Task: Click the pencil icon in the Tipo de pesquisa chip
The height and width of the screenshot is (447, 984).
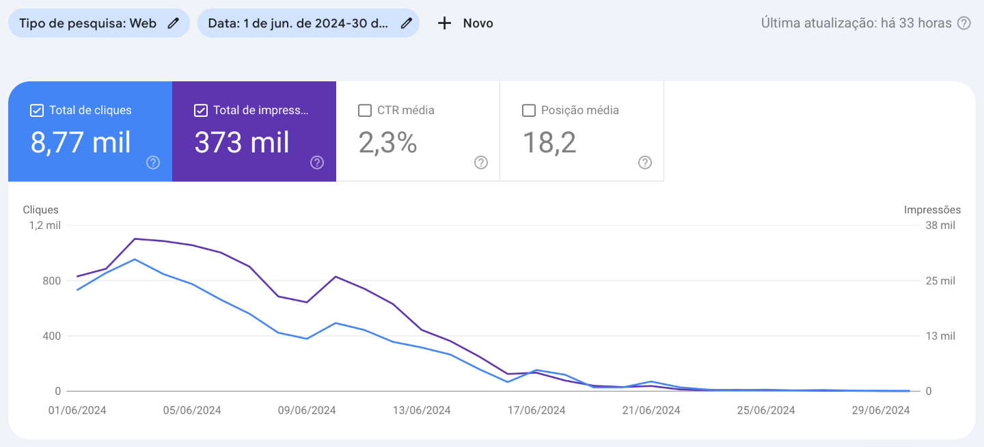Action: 174,23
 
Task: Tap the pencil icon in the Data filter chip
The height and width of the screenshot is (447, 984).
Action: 407,23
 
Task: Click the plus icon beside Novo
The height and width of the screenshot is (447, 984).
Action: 444,23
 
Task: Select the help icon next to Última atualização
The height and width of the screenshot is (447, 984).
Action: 963,23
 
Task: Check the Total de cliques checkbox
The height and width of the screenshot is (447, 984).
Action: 37,111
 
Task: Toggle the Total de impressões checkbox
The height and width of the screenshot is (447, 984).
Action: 201,111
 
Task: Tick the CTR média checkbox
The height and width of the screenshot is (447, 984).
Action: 365,111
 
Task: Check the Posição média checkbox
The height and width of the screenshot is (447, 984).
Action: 529,111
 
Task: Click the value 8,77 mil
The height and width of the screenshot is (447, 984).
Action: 81,143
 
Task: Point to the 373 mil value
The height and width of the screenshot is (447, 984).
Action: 242,143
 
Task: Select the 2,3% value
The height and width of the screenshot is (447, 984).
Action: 387,143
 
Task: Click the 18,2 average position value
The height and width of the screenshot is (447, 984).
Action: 549,143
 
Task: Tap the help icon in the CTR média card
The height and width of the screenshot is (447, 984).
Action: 481,163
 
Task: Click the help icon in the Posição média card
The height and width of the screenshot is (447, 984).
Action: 645,163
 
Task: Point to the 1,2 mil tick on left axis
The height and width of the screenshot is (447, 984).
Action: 44,226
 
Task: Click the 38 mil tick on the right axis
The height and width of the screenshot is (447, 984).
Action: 940,226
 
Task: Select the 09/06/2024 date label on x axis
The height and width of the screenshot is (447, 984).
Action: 307,411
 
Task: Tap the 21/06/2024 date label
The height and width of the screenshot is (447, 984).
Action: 652,411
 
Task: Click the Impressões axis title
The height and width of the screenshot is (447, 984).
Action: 932,210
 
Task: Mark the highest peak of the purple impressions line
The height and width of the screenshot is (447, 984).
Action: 135,239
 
